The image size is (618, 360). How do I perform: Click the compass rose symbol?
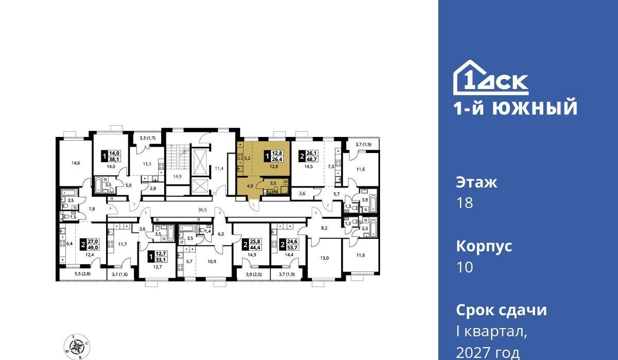[77, 347]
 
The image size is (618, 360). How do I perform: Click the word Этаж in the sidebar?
[476, 182]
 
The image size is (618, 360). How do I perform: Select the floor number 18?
[465, 203]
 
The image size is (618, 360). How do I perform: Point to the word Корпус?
[484, 246]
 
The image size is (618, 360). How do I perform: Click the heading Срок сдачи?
[501, 310]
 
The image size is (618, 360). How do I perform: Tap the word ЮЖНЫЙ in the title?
[535, 107]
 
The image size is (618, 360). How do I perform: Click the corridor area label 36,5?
[202, 210]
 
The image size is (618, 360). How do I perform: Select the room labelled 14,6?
[76, 163]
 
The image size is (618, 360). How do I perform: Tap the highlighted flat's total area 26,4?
[277, 159]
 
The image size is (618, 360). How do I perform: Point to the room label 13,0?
[324, 258]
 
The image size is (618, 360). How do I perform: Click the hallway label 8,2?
[324, 228]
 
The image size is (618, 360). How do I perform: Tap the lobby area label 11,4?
[219, 168]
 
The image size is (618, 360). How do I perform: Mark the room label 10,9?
[212, 262]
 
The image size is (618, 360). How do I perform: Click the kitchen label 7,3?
[331, 166]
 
